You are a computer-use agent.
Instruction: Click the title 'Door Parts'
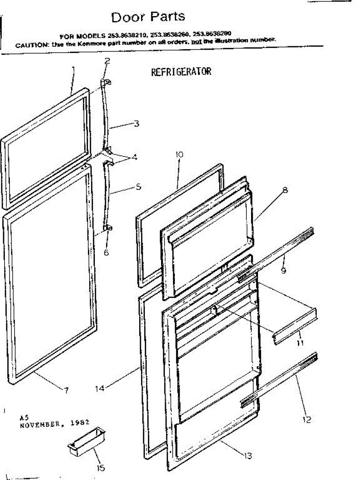tap(148, 17)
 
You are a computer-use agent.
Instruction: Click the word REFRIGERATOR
tap(181, 72)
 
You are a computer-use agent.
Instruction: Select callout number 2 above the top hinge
tap(107, 61)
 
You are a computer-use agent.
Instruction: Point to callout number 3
tap(136, 124)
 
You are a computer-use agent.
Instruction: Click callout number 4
tap(135, 157)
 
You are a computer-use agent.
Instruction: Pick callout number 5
tap(138, 186)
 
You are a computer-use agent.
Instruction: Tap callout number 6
tap(106, 252)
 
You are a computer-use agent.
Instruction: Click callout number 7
tap(66, 390)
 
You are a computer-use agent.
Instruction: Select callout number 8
tap(285, 190)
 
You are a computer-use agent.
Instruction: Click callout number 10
tap(178, 154)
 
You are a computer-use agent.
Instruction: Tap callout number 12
tap(307, 420)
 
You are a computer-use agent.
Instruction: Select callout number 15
tap(101, 468)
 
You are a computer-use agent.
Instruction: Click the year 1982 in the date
tap(80, 422)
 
